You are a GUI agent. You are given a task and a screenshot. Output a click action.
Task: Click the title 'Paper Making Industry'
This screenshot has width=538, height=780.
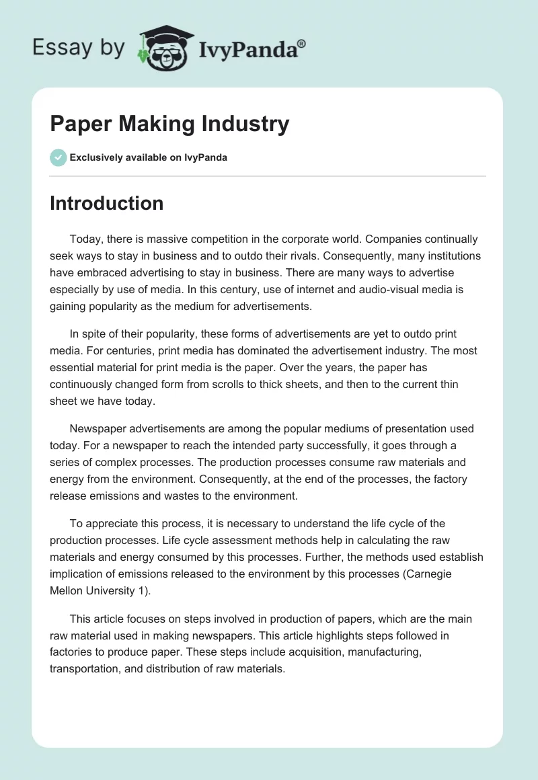point(169,124)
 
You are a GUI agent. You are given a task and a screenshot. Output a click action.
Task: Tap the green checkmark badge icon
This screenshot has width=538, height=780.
point(58,157)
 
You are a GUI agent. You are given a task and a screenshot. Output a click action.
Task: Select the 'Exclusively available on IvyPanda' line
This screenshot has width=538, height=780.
point(148,157)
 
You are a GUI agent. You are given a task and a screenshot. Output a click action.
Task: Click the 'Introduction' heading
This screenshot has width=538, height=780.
point(106,203)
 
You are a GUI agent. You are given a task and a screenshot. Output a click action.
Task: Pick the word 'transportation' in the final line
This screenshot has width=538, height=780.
point(83,668)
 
